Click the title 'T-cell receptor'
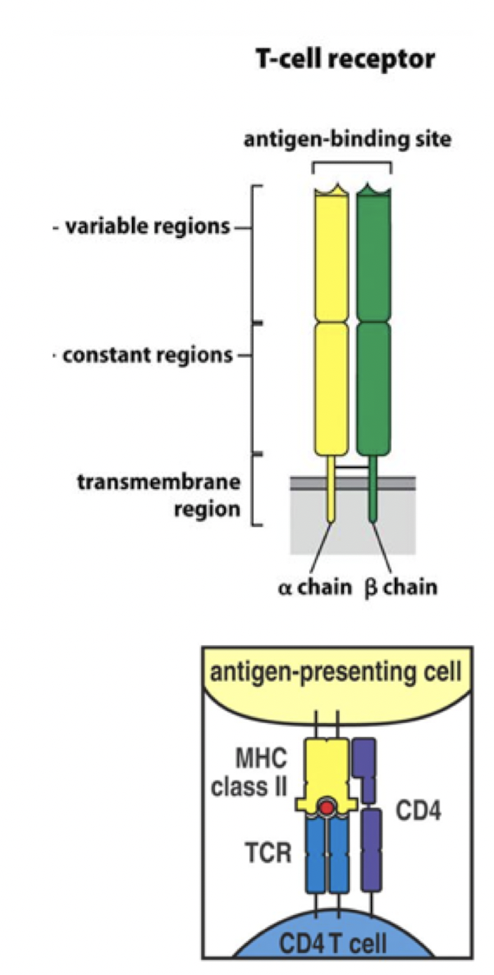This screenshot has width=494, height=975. [x=345, y=60]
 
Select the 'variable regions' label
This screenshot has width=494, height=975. [x=142, y=227]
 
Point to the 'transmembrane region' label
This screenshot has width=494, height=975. [x=159, y=495]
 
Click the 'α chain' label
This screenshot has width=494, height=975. [x=315, y=588]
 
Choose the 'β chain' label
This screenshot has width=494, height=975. [x=400, y=588]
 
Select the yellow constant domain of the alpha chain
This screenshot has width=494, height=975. [x=332, y=390]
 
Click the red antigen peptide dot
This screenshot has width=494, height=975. [x=327, y=809]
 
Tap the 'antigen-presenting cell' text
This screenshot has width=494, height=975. [x=336, y=674]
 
